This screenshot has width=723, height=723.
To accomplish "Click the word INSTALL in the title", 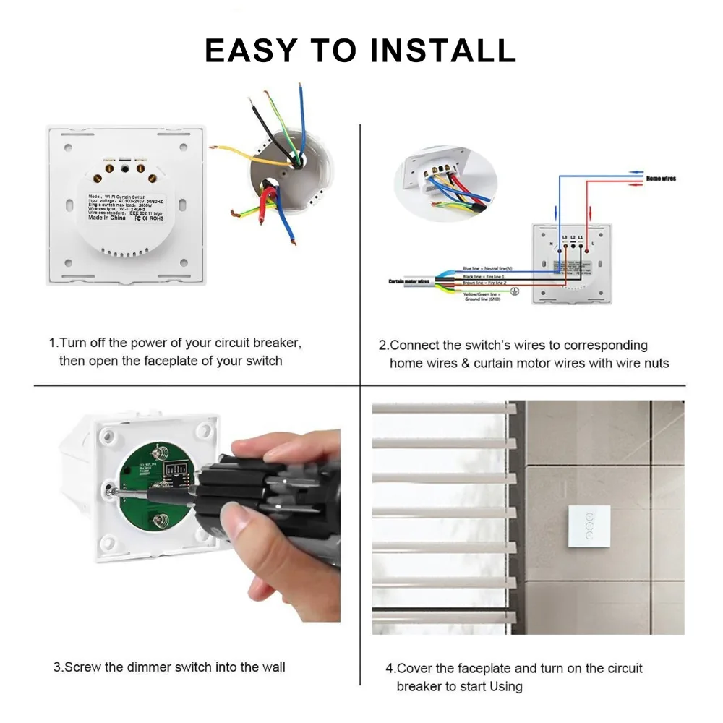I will [x=442, y=50].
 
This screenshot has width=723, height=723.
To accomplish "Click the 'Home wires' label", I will [x=660, y=179].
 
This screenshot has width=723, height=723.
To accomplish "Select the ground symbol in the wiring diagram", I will [x=514, y=292].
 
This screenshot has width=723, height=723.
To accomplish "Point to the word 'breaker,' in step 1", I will [x=278, y=343].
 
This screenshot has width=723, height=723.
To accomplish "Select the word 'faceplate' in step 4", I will [x=490, y=669].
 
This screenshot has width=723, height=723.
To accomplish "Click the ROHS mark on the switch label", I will [x=150, y=218].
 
